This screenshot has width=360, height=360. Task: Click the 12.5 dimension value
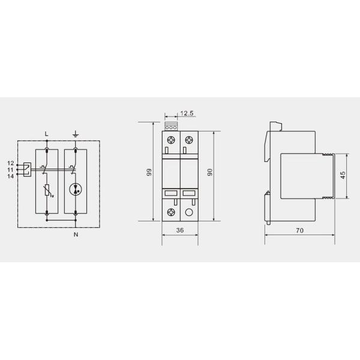(x=187, y=113)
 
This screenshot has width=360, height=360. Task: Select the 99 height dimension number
(x=149, y=172)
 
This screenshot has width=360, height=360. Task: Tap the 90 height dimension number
(x=210, y=172)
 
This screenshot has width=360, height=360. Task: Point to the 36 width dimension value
(x=180, y=230)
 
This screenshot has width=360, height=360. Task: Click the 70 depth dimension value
(x=299, y=230)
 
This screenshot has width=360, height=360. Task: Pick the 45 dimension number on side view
(x=343, y=175)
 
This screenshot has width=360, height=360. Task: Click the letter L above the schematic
(x=47, y=134)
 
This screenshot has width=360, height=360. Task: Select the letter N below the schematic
(x=76, y=235)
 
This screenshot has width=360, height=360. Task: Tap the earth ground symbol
(x=76, y=134)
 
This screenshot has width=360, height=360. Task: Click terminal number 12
(x=11, y=163)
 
